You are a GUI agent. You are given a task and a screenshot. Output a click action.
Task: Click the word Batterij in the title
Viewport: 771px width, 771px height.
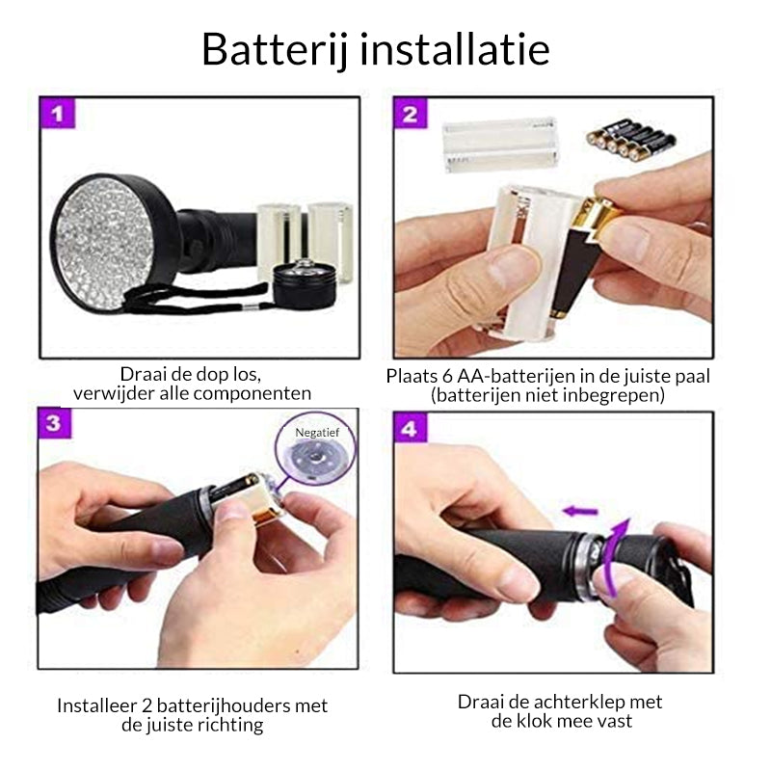[275, 51]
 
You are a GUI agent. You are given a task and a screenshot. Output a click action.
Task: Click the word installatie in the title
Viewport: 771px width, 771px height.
[455, 49]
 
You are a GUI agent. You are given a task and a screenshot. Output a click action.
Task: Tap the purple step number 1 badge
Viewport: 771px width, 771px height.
[58, 114]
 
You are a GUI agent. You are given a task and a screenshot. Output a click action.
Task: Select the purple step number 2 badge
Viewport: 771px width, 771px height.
[411, 114]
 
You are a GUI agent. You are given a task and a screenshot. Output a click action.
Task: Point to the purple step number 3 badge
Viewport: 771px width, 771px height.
[54, 423]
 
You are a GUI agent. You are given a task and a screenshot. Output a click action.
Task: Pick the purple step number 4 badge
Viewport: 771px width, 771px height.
[411, 428]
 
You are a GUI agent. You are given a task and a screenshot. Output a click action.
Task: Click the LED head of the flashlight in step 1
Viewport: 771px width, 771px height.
[114, 245]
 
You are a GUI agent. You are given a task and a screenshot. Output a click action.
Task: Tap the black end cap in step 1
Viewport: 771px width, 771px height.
[304, 283]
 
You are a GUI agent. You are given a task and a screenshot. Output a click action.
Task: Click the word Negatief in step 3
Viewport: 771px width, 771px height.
[317, 432]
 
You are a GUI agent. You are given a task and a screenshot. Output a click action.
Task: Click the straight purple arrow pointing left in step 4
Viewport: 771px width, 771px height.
[580, 512]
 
